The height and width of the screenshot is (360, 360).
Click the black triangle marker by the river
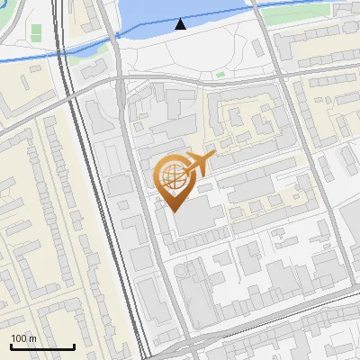point(182,24)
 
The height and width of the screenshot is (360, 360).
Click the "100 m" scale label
point(23,338)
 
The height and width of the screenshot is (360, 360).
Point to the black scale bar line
point(42,346)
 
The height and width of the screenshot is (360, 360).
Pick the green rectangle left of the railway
point(36,31)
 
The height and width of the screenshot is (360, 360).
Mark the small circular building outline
point(192,269)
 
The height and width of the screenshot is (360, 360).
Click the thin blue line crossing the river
point(216,15)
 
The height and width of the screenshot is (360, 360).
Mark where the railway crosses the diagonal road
point(72,99)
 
